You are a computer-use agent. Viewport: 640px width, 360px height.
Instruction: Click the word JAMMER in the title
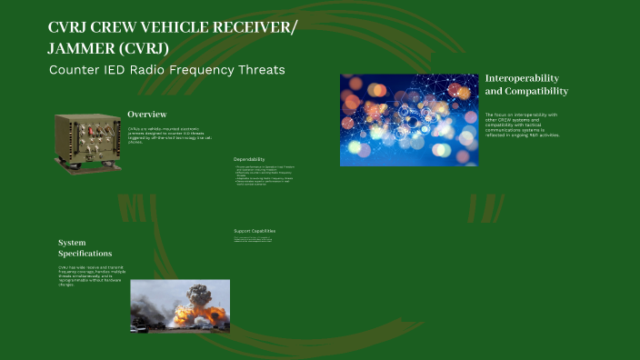coord(82,47)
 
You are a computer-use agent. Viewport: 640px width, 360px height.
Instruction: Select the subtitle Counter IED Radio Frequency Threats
coord(166,71)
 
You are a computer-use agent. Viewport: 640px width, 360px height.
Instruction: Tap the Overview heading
coord(146,115)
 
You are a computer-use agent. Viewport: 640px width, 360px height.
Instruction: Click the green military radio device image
coord(87,139)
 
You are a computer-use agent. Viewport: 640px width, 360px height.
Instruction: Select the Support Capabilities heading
coord(254,231)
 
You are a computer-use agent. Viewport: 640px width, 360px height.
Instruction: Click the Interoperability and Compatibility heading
coord(526,85)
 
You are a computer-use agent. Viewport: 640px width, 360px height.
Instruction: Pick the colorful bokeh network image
coord(408,120)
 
